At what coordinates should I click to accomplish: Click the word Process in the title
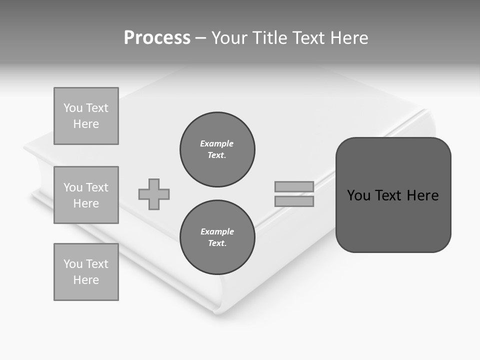157,38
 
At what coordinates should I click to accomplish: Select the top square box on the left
86,116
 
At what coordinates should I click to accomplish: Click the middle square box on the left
86,195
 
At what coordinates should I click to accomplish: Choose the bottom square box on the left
86,272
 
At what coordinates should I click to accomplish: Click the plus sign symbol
154,194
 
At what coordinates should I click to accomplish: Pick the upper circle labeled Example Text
217,149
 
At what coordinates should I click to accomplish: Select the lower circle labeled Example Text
217,237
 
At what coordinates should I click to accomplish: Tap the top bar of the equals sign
294,186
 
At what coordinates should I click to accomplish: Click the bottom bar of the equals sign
294,201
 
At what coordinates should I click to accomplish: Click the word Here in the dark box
422,195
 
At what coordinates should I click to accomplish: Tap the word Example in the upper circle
217,143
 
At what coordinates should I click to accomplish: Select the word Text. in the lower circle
217,243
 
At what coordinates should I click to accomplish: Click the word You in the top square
73,108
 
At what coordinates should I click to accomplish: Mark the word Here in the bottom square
86,280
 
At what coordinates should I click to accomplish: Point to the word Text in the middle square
97,187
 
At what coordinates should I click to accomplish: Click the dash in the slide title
200,38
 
